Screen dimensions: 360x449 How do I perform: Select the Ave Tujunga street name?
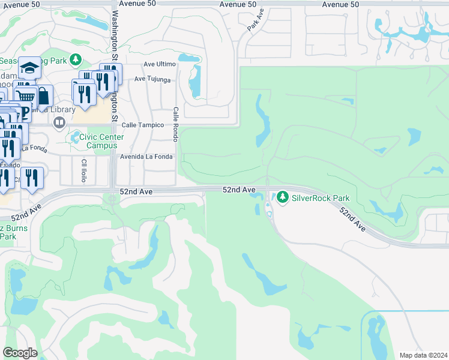coord(152,79)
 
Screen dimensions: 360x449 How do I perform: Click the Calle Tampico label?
coord(143,125)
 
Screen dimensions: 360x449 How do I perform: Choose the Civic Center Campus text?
coord(105,141)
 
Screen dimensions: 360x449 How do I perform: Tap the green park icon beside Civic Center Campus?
coord(76,137)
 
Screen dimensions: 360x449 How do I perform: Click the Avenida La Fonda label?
coord(146,157)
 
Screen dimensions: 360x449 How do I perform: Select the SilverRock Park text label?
coord(321,197)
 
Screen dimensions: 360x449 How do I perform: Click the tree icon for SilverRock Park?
coord(282,197)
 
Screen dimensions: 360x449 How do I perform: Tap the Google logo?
coord(20,353)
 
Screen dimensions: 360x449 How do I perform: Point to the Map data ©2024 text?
coord(423,355)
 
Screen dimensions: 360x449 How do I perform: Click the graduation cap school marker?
coord(28,68)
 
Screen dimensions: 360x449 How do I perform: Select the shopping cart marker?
coord(25,96)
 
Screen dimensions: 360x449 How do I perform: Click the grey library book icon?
coord(59,123)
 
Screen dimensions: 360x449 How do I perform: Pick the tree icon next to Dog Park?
coord(76,59)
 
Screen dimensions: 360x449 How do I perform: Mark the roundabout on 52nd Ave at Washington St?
coord(113,198)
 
